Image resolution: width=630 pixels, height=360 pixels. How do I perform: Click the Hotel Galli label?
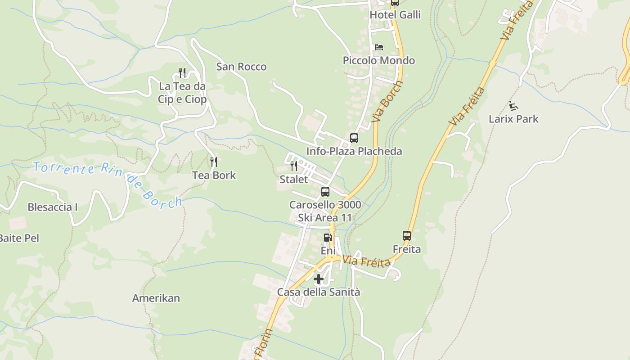click(395, 15)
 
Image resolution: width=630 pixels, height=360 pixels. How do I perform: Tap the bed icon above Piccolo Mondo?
click(379, 47)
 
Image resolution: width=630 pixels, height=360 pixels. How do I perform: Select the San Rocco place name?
click(241, 67)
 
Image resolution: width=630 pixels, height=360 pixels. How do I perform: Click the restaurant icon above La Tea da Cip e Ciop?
click(182, 72)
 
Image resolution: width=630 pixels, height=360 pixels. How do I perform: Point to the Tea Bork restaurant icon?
click(214, 162)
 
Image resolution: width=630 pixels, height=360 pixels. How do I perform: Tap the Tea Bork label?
click(214, 175)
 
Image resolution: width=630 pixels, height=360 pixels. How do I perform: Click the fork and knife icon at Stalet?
click(294, 166)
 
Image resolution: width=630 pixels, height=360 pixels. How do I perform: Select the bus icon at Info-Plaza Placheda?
click(354, 138)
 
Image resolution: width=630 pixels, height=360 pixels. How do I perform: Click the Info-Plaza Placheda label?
click(354, 151)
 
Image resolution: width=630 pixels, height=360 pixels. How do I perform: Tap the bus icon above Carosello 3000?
click(325, 192)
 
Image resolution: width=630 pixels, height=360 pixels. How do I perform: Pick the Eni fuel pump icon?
click(328, 237)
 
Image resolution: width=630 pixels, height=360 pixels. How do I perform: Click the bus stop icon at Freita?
click(407, 236)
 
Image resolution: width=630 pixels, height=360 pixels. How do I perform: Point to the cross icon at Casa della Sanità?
click(319, 279)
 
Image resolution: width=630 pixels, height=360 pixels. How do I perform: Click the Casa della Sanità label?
click(319, 292)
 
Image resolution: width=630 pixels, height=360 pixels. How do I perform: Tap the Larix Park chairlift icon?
click(513, 106)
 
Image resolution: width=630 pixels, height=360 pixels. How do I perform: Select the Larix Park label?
click(513, 119)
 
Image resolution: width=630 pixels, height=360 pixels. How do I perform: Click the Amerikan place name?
click(156, 298)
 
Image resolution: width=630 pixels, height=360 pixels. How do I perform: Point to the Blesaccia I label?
click(53, 207)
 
